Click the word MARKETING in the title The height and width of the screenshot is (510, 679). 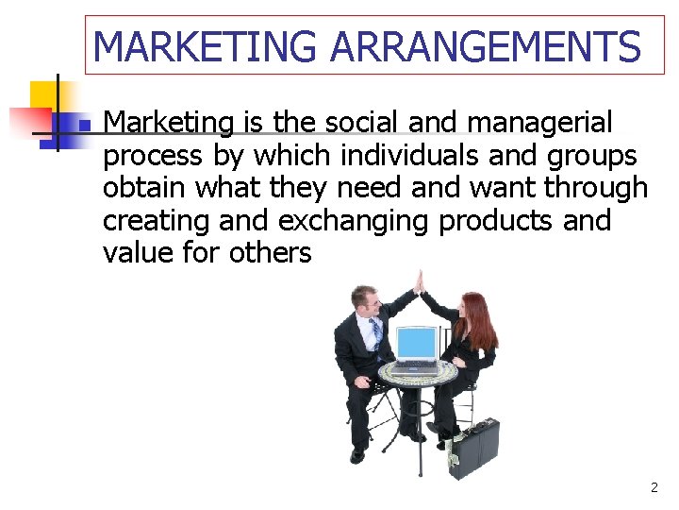tap(205, 45)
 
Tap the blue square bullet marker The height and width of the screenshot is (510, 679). tap(83, 125)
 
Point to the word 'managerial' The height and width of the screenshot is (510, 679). tap(540, 123)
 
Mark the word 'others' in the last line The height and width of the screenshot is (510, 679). tap(270, 253)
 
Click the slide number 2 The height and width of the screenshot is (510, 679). tap(654, 488)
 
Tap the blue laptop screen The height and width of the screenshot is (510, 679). tap(416, 345)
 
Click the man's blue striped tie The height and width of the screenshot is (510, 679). tap(376, 332)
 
